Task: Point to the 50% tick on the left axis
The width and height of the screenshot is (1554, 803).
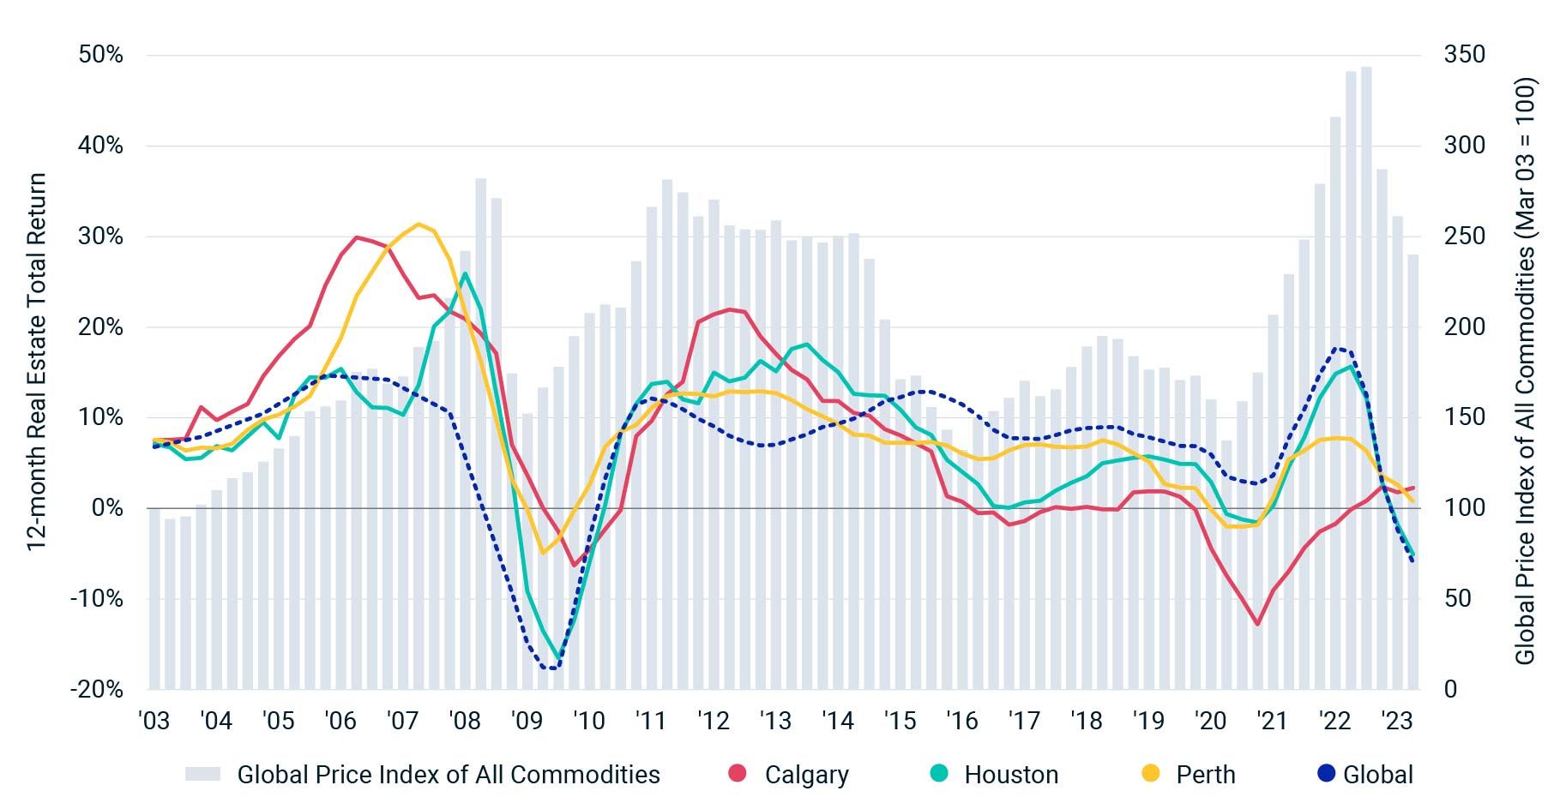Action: pyautogui.click(x=101, y=55)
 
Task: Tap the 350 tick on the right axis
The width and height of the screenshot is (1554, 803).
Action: pyautogui.click(x=1464, y=55)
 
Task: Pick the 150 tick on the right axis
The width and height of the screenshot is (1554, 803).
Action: pyautogui.click(x=1464, y=417)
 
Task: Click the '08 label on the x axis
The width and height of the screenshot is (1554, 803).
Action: pyautogui.click(x=465, y=721)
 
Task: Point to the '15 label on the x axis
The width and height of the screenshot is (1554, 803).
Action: pyautogui.click(x=900, y=721)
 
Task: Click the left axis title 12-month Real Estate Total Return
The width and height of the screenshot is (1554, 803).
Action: pyautogui.click(x=35, y=362)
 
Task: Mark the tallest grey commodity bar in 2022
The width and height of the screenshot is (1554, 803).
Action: pyautogui.click(x=1366, y=377)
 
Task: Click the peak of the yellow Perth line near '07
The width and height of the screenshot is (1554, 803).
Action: pyautogui.click(x=419, y=225)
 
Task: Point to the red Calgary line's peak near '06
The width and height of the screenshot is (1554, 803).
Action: pyautogui.click(x=357, y=237)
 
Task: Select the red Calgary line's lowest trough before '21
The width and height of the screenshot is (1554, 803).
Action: pyautogui.click(x=1257, y=624)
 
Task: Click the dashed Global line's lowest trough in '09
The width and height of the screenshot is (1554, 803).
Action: pyautogui.click(x=551, y=668)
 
